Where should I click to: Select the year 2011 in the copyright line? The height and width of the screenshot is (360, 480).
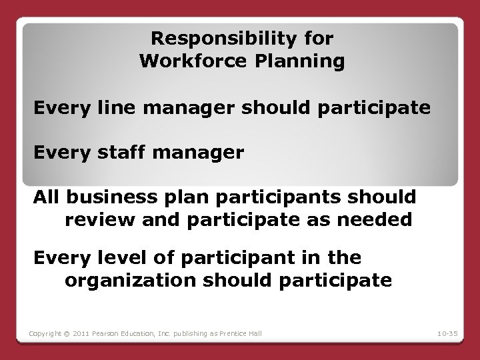(79, 333)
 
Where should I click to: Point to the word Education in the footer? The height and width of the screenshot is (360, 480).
(136, 333)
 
